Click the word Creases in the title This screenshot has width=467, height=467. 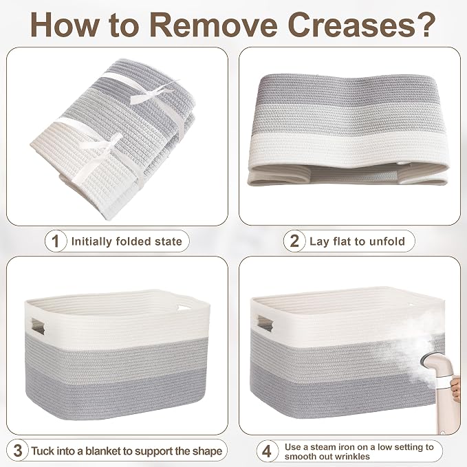(x=351, y=25)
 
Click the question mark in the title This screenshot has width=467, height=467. (x=426, y=25)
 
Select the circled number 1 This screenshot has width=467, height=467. (x=56, y=241)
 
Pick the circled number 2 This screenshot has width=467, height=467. (x=294, y=241)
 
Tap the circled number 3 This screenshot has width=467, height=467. (x=18, y=450)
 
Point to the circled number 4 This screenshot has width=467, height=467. (x=267, y=451)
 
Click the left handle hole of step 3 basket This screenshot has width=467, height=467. (x=38, y=327)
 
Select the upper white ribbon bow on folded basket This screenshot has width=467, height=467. (x=154, y=92)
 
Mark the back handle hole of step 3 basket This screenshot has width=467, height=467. (x=182, y=308)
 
